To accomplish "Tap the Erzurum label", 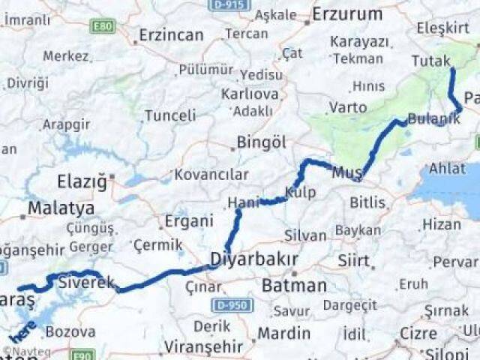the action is click(347, 13).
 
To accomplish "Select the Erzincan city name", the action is click(171, 35).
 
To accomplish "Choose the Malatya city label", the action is click(61, 208).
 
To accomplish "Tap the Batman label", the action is click(294, 285).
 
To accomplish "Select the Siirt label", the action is click(354, 261).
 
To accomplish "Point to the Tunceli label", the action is click(170, 115).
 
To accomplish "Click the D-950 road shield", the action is click(232, 305).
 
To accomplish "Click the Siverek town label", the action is click(86, 283).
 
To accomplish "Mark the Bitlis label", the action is click(368, 202).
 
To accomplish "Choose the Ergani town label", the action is click(184, 223).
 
